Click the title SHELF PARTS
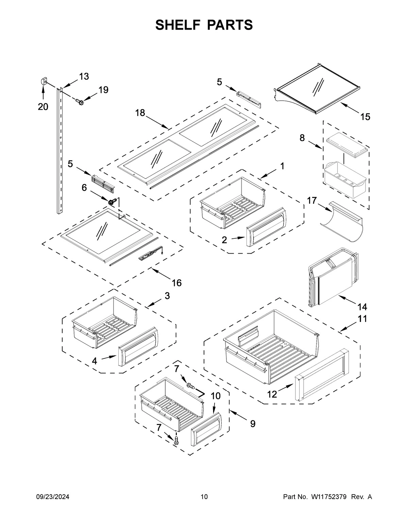[x=204, y=25]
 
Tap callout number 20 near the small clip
[x=43, y=107]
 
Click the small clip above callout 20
[x=43, y=81]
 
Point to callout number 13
[x=84, y=76]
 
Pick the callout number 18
[x=140, y=113]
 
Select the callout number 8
[x=302, y=138]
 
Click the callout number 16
[x=177, y=283]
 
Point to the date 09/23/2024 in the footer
[x=53, y=497]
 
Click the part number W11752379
[x=328, y=497]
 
